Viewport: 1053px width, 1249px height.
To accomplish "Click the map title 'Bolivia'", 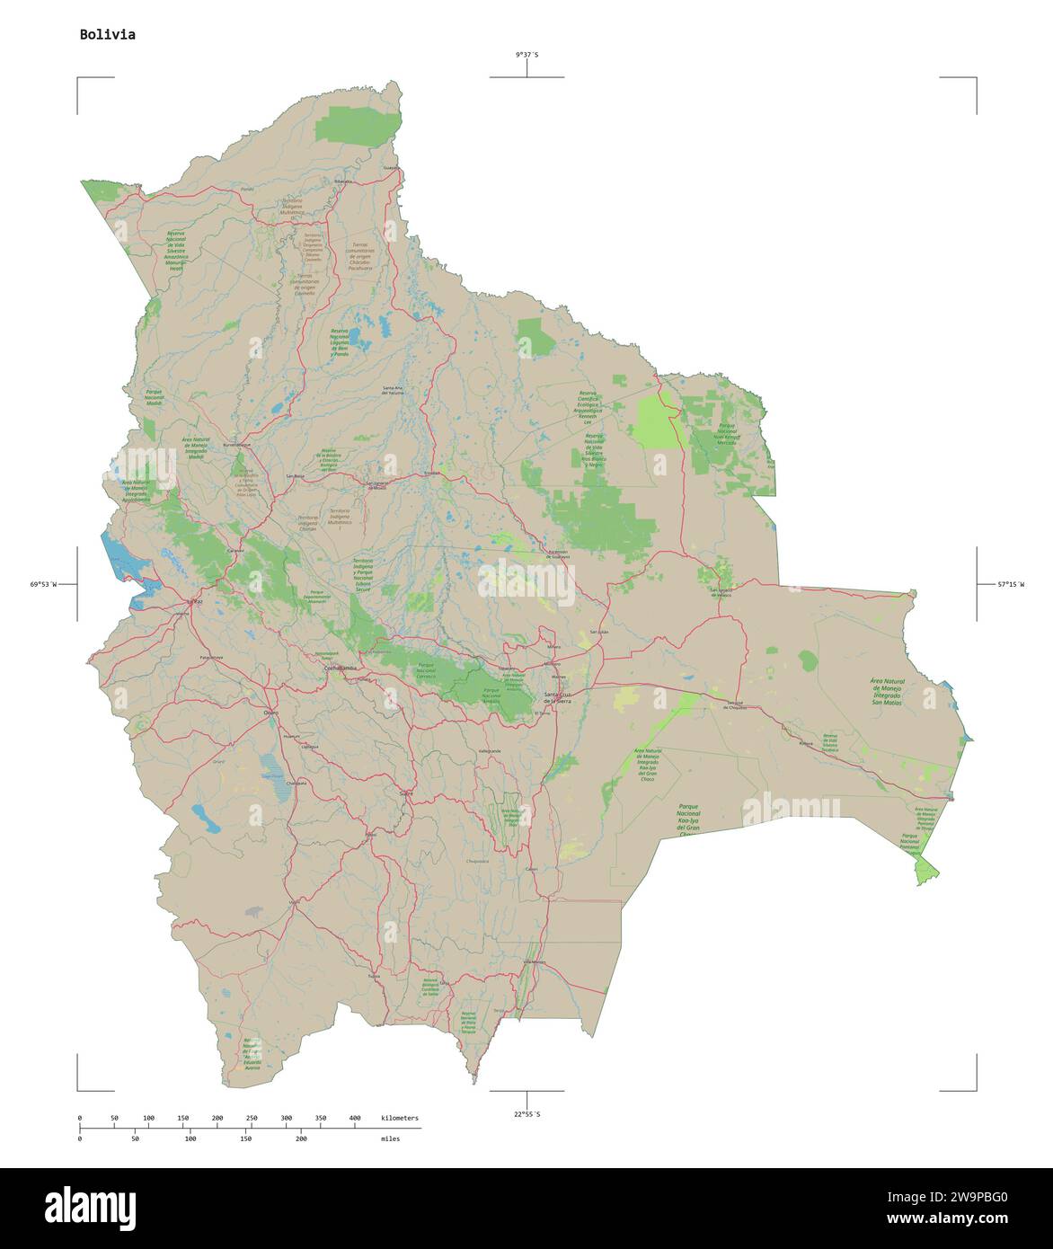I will (x=107, y=35).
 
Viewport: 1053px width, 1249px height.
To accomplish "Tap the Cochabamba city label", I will (x=341, y=669).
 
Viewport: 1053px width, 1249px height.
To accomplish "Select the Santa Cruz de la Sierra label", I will (x=564, y=697).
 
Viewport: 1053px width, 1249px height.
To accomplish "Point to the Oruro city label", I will (x=270, y=712).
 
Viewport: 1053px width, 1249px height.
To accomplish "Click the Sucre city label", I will (x=406, y=794).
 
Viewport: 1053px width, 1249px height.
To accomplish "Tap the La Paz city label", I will (x=194, y=601).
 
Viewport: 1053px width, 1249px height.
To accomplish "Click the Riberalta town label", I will (x=343, y=182).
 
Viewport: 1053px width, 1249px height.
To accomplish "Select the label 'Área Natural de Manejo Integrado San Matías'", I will (x=888, y=692).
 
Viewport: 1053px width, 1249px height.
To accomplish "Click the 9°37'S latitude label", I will (x=526, y=55).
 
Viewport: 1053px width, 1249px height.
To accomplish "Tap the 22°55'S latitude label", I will (x=526, y=1114).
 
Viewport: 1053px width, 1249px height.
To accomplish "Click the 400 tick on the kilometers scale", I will (x=355, y=1118).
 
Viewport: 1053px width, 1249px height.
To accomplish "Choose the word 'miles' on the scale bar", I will (x=390, y=1138).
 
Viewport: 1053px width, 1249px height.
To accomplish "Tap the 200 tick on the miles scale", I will (x=301, y=1138).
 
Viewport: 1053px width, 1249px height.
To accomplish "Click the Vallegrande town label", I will (x=489, y=749).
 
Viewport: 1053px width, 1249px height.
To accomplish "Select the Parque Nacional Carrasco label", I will (x=425, y=669).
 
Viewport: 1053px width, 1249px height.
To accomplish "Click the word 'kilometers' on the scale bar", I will (x=399, y=1118).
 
